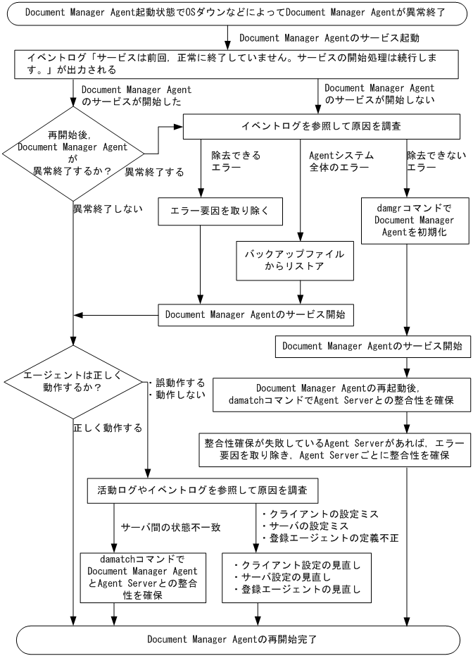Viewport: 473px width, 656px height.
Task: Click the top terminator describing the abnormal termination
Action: pyautogui.click(x=237, y=13)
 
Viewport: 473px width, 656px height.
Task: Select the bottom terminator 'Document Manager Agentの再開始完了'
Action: pyautogui.click(x=238, y=640)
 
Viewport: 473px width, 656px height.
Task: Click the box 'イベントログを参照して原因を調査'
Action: pyautogui.click(x=322, y=126)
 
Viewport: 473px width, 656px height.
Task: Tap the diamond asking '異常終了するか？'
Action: pyautogui.click(x=73, y=154)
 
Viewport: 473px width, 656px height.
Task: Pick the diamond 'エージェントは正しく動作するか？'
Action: pyautogui.click(x=73, y=382)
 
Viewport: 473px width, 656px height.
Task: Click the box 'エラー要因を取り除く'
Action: pyautogui.click(x=220, y=211)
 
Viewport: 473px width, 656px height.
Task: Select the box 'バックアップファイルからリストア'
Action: pyautogui.click(x=295, y=261)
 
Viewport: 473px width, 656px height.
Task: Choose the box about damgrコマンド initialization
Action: pyautogui.click(x=415, y=221)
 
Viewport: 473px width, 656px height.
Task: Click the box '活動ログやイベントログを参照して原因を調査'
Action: pyautogui.click(x=202, y=490)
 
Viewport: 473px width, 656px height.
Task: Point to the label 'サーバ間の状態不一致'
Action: pyautogui.click(x=170, y=528)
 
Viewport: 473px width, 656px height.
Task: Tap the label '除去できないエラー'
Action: pyautogui.click(x=436, y=161)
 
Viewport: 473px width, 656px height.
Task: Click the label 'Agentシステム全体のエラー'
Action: pyautogui.click(x=341, y=161)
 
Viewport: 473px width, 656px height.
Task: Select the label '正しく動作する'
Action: pyautogui.click(x=108, y=428)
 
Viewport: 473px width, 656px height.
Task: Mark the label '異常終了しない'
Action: pyautogui.click(x=108, y=209)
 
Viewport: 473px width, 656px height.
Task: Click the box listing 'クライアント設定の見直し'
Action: pyautogui.click(x=296, y=578)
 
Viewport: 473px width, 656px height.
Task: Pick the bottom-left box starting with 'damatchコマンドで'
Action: pyautogui.click(x=143, y=578)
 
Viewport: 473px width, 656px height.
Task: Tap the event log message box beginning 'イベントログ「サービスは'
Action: pyautogui.click(x=237, y=64)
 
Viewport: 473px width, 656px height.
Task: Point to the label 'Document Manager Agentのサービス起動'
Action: pyautogui.click(x=329, y=38)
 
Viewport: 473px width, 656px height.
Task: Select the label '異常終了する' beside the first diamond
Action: pyautogui.click(x=155, y=173)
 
